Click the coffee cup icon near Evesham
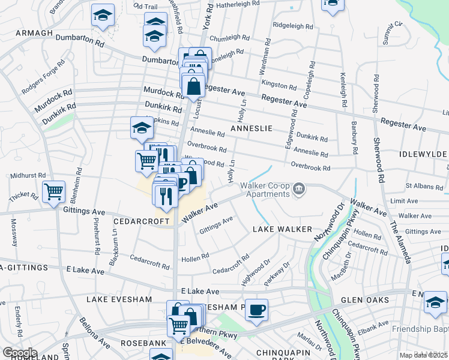[256, 310]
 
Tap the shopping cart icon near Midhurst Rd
[54, 192]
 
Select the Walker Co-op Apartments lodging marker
[298, 191]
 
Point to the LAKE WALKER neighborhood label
[282, 229]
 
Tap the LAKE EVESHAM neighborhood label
[116, 299]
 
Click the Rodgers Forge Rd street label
[43, 77]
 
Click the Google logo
[20, 353]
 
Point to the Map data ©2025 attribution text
[423, 355]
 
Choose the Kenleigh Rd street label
[343, 90]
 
